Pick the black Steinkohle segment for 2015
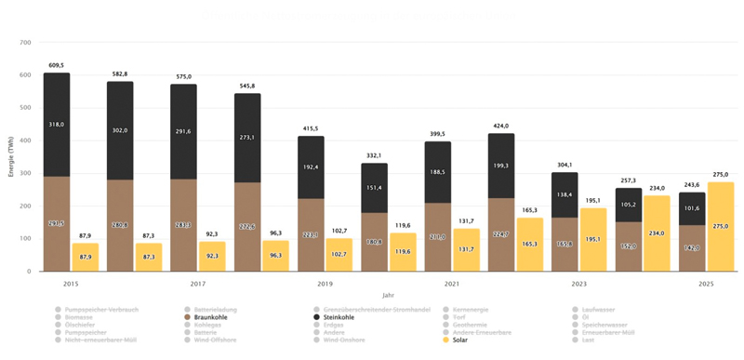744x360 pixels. pos(57,125)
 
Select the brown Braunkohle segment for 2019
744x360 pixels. pos(310,234)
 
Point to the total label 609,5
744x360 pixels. pos(57,66)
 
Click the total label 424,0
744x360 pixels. pos(500,127)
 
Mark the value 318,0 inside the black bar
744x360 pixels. pos(57,123)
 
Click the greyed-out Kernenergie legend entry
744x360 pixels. pos(468,308)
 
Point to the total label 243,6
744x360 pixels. pos(691,185)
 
